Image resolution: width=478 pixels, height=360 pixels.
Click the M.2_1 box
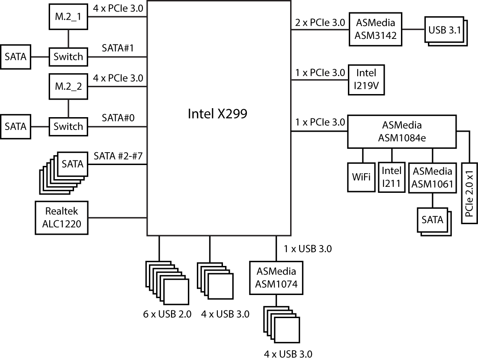point(68,18)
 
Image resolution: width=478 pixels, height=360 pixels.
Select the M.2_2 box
point(68,87)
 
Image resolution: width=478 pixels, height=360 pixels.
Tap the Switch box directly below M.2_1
point(68,57)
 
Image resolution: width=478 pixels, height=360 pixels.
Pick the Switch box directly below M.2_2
point(68,127)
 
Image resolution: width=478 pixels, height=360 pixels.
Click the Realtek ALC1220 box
point(62,218)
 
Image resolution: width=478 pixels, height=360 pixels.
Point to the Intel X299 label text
point(217,114)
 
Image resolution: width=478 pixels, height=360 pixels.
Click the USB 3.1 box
point(444,30)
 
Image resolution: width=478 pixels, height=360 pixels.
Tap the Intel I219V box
point(366,80)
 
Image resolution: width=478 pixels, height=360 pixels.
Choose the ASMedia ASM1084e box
point(401,132)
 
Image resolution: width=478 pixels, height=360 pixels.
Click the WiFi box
point(361,177)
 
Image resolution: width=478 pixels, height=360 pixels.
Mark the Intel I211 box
point(392,177)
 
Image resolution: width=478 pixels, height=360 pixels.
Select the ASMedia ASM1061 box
point(432,177)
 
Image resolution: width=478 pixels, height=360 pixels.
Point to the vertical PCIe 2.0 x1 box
point(470,192)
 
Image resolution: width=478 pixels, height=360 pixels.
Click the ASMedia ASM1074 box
point(276,277)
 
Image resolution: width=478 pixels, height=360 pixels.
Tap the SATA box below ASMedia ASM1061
point(432,220)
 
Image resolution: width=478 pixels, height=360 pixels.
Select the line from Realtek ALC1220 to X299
point(117,218)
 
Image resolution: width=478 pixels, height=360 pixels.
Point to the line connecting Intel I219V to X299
point(320,80)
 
